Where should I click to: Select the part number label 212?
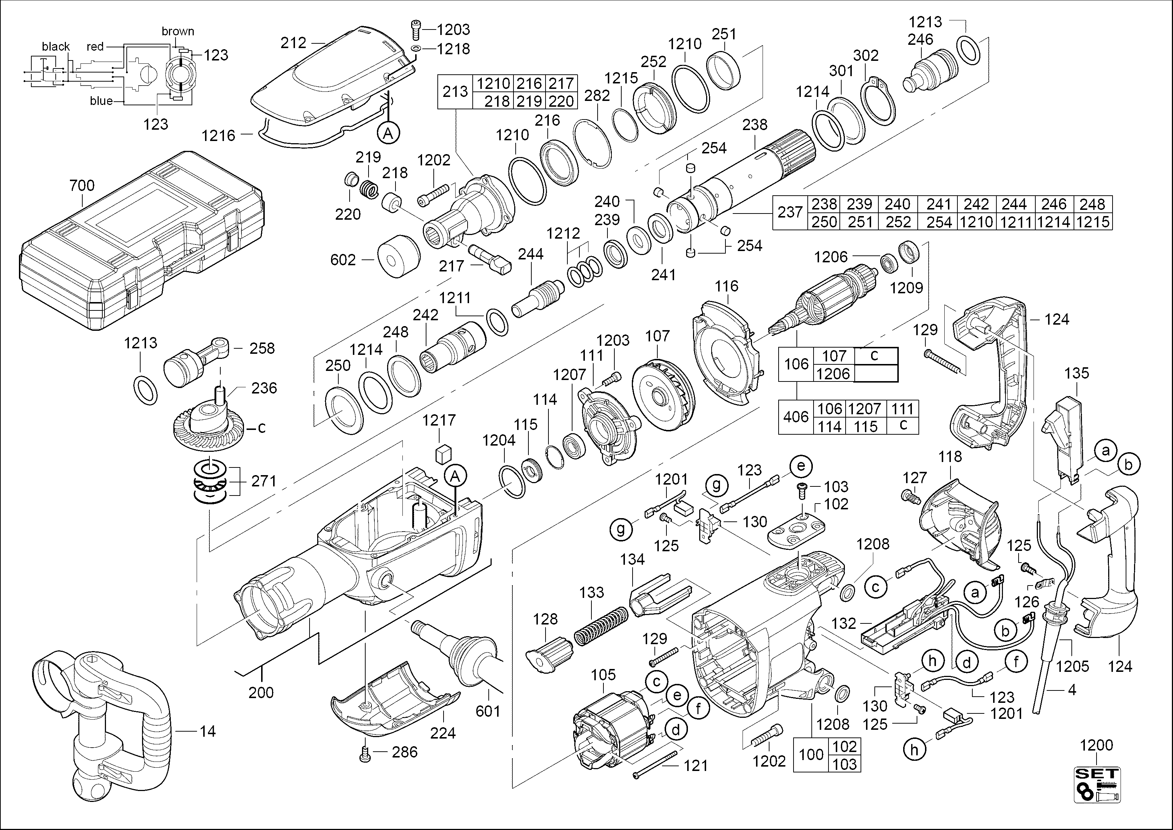(x=293, y=43)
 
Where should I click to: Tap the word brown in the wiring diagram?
(x=178, y=31)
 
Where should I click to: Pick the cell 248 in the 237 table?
(x=1093, y=204)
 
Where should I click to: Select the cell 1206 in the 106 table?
(x=833, y=373)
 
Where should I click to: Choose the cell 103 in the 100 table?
(x=845, y=764)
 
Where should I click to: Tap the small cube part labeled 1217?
(x=443, y=453)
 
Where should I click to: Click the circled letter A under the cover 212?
(x=388, y=133)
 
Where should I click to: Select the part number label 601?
(x=488, y=711)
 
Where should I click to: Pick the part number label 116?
(x=727, y=286)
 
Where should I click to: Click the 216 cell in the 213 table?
(x=529, y=83)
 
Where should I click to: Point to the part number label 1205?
(x=1072, y=666)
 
